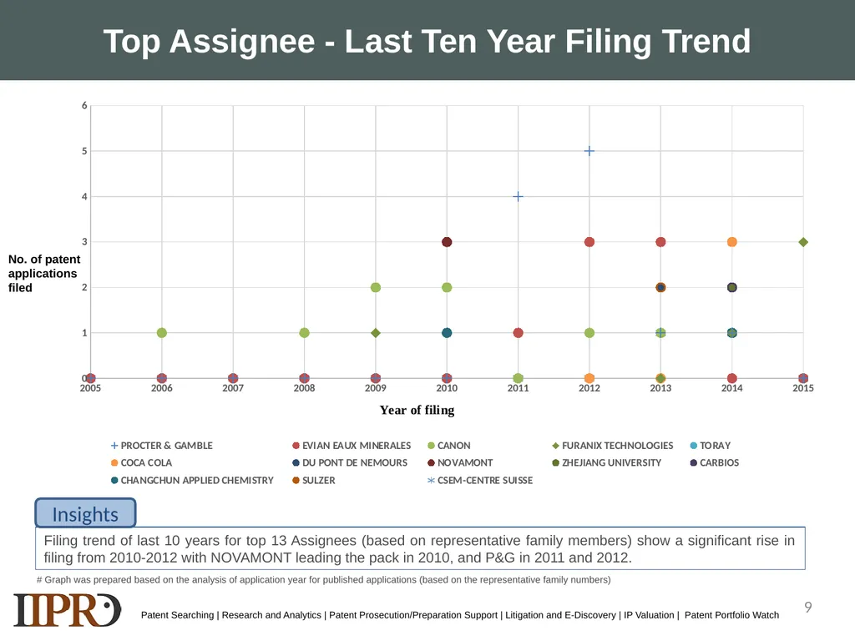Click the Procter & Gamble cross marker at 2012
[x=589, y=151]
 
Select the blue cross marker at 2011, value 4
[x=518, y=196]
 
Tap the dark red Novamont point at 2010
[x=447, y=242]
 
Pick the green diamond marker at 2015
[x=803, y=242]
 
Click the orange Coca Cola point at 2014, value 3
[x=731, y=242]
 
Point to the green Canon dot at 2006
[x=162, y=333]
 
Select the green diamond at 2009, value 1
[x=375, y=333]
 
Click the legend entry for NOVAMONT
[x=460, y=462]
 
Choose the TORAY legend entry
[x=711, y=446]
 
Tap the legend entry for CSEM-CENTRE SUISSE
[x=480, y=480]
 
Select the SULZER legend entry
[x=314, y=480]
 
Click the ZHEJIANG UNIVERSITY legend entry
[x=607, y=462]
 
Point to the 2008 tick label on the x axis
[x=304, y=388]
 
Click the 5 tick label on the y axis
[x=84, y=151]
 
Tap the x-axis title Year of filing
[x=417, y=410]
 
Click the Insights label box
[x=86, y=513]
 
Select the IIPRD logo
[x=67, y=610]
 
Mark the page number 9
[x=808, y=607]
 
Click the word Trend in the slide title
[x=706, y=42]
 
